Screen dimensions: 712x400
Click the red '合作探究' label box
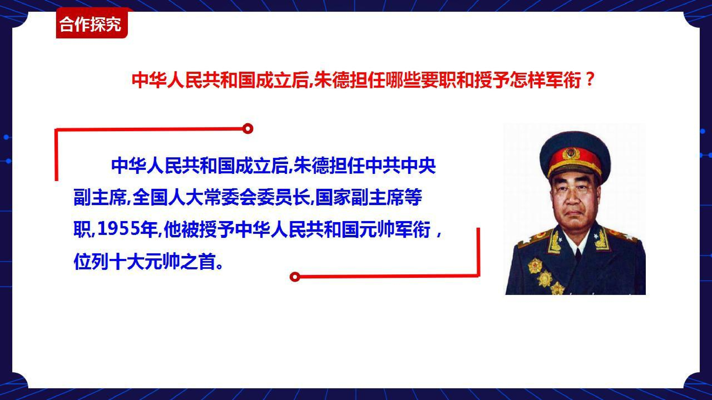point(92,23)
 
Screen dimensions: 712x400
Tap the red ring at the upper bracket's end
point(248,129)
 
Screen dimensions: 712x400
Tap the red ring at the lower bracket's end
point(295,277)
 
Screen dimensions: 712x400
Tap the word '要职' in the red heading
point(439,80)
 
